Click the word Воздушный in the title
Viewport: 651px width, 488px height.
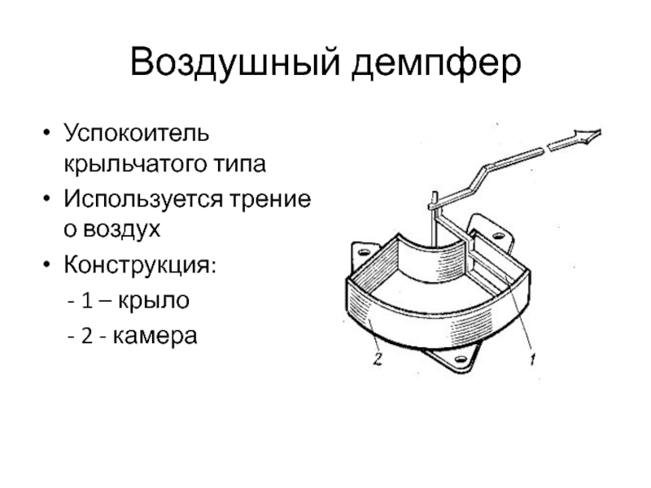233,63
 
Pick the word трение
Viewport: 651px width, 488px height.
277,199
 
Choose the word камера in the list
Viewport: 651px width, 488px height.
156,334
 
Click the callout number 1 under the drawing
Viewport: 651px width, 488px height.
532,355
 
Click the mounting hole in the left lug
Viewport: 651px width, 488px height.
359,255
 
